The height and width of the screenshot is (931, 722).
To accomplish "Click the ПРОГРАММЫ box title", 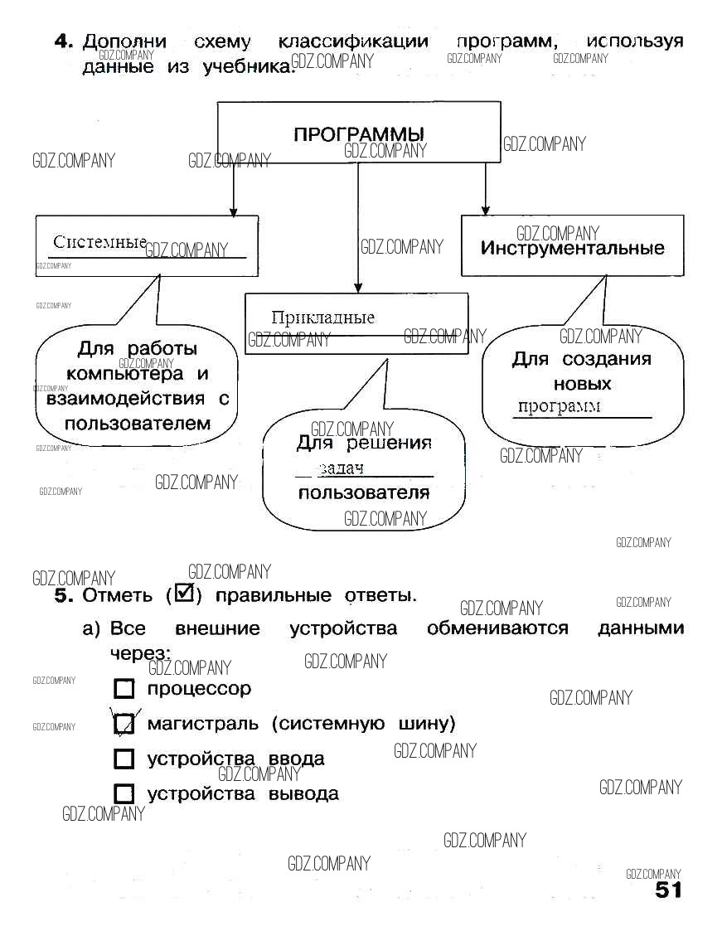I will (x=359, y=134).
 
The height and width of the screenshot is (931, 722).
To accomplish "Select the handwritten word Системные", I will (x=99, y=242).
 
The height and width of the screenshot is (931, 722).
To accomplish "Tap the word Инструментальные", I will (x=573, y=248).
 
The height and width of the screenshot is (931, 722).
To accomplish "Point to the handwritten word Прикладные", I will (x=322, y=318).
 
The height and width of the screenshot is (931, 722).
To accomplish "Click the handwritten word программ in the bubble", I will (x=559, y=406).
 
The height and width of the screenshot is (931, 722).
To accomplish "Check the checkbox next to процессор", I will (x=124, y=689).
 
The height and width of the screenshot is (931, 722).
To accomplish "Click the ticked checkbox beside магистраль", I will (x=124, y=724).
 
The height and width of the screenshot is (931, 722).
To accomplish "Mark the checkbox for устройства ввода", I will (x=124, y=759).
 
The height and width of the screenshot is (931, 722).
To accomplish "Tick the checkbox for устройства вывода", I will (x=124, y=793).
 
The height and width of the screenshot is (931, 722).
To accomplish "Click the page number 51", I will (x=668, y=890).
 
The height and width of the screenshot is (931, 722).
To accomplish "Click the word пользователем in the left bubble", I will (x=138, y=424).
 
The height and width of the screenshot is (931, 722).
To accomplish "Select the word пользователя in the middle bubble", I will (x=364, y=493).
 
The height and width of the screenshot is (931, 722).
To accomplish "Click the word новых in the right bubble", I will (x=582, y=384).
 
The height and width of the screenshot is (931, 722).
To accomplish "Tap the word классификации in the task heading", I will (x=353, y=41).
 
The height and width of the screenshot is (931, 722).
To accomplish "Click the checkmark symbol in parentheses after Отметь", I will (x=184, y=594).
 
